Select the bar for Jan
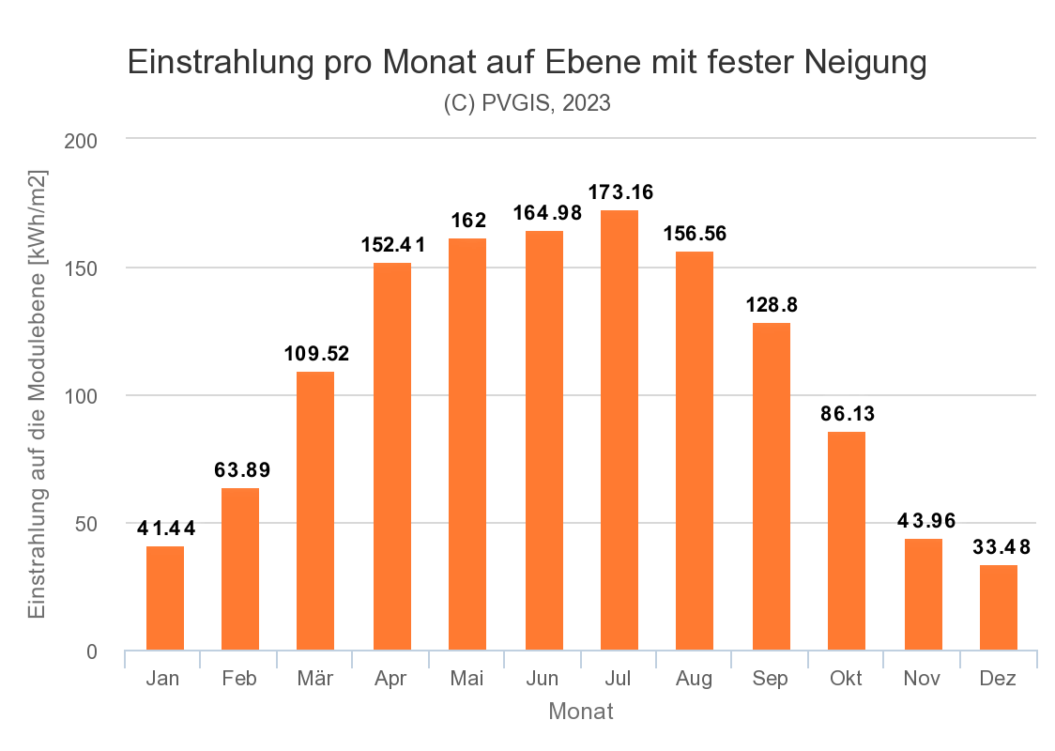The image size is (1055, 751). [165, 598]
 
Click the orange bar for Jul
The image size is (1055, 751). [619, 430]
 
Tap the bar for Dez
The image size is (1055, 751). [999, 607]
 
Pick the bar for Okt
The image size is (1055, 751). [847, 541]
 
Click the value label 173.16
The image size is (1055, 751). [620, 192]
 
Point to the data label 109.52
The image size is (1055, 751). [316, 355]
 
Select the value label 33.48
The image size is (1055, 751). [1000, 547]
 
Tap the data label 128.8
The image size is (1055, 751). [772, 305]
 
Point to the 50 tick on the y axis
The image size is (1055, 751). [86, 524]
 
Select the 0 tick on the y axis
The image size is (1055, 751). [92, 651]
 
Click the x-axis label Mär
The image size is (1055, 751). [315, 679]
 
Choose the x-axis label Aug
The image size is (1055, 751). [695, 679]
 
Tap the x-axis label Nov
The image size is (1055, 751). [923, 679]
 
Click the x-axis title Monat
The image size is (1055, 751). [581, 712]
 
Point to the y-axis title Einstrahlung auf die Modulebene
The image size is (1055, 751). [38, 394]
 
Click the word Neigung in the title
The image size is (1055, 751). [866, 63]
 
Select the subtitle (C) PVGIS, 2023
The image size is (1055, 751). [527, 104]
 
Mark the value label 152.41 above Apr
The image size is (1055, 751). [392, 246]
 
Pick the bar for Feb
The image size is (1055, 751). [240, 569]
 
